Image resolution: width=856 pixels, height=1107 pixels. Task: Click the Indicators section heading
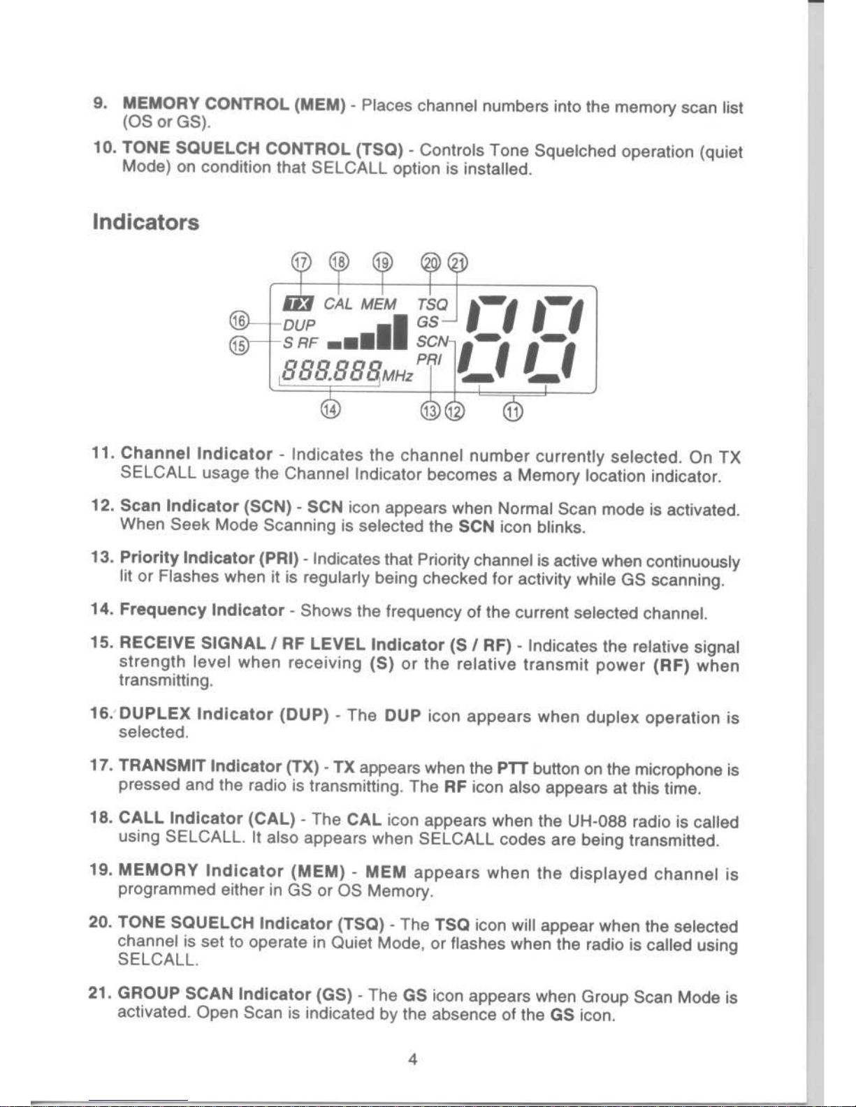[146, 223]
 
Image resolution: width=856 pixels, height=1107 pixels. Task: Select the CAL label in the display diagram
[338, 304]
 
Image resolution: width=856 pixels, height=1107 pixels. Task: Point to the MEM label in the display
[378, 305]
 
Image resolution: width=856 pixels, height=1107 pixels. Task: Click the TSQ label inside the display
[432, 305]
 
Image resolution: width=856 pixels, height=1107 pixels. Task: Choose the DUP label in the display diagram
[299, 325]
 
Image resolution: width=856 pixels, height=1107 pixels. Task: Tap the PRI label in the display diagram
[428, 360]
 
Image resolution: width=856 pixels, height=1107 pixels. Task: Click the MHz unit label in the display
[398, 376]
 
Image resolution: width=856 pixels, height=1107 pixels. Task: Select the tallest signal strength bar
[400, 332]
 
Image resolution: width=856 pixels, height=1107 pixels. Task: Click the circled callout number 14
[330, 409]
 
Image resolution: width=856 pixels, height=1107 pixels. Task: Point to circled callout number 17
[300, 263]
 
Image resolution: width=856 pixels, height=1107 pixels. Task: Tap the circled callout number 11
[513, 411]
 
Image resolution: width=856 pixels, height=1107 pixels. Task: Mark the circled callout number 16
[240, 321]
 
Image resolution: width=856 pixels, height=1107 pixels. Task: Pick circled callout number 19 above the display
[382, 263]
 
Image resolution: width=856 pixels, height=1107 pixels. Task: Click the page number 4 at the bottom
[413, 1060]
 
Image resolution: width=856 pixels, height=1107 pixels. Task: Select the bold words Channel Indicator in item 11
[196, 453]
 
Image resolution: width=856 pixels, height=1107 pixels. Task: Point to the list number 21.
[99, 993]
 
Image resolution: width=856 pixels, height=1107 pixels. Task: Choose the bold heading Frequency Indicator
[202, 610]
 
